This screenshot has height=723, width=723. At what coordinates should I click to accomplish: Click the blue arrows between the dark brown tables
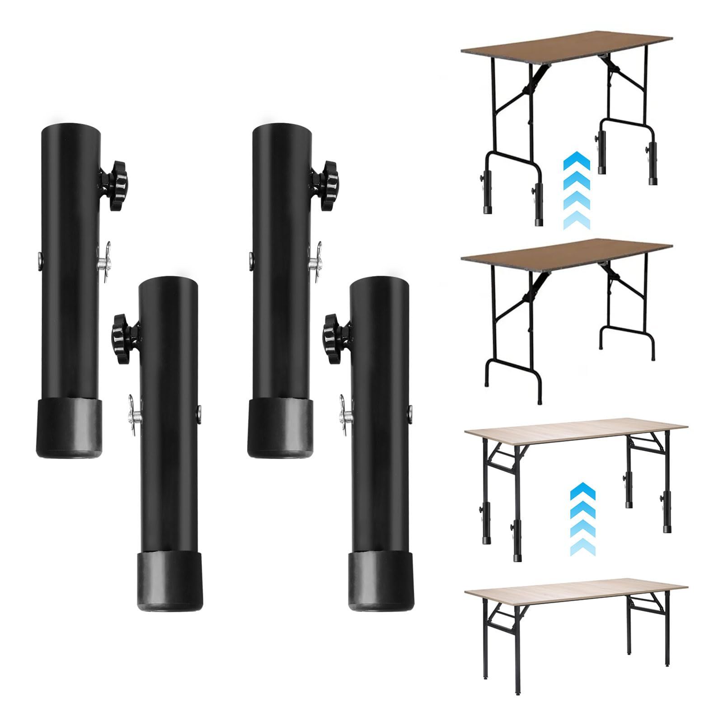click(x=576, y=190)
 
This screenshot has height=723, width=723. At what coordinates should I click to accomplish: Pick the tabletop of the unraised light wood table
click(x=576, y=591)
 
